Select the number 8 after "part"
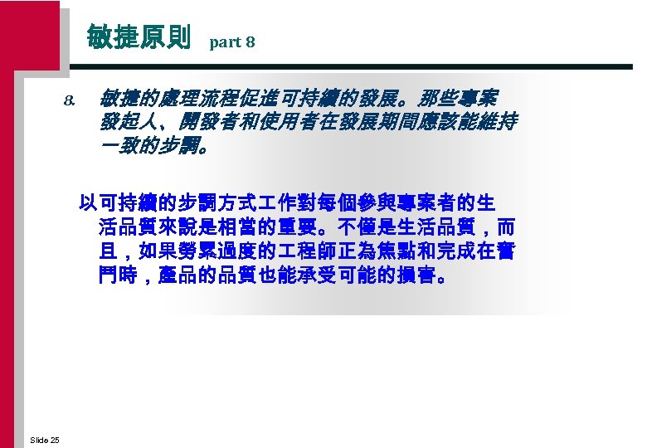point(251,41)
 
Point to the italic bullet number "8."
point(70,103)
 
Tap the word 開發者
point(198,124)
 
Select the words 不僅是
point(367,226)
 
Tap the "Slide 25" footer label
point(44,439)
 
